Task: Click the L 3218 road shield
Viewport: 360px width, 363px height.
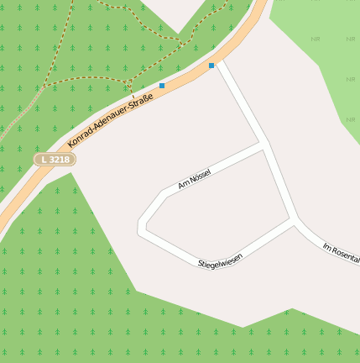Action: (55, 159)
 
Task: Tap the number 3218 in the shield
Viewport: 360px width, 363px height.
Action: (60, 159)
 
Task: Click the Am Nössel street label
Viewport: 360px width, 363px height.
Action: (194, 178)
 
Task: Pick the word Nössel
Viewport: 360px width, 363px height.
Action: (199, 176)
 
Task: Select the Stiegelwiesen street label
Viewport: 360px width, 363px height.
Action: (220, 261)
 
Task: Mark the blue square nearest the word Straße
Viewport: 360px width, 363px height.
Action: (162, 86)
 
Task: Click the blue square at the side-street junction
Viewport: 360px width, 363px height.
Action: (211, 65)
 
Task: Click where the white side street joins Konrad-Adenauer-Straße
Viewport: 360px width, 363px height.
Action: (220, 63)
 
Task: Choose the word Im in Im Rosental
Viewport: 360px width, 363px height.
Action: (326, 245)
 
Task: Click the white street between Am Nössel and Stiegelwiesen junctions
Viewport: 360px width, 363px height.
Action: (279, 183)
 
